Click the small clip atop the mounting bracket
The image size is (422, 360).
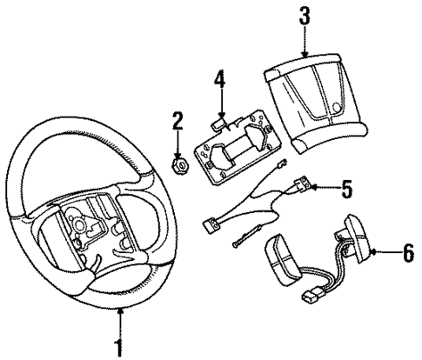(x=222, y=117)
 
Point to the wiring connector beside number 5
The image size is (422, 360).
(x=305, y=184)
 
